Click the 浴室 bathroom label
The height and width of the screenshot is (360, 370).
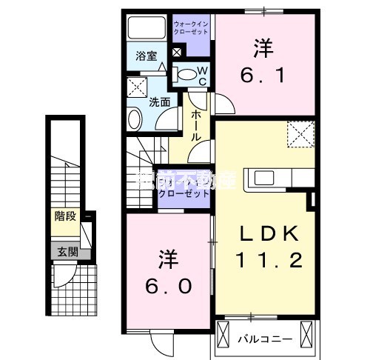click(146, 56)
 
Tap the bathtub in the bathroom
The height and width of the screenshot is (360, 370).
click(147, 29)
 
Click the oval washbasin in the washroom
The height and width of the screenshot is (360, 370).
click(135, 119)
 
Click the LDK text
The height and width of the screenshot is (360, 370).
click(270, 235)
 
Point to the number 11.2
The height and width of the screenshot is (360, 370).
click(269, 260)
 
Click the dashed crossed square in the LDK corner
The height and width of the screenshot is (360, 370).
click(299, 134)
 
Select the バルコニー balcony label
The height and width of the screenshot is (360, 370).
click(265, 340)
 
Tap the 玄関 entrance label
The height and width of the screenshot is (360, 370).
click(65, 251)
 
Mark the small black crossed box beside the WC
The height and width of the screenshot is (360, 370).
click(176, 53)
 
